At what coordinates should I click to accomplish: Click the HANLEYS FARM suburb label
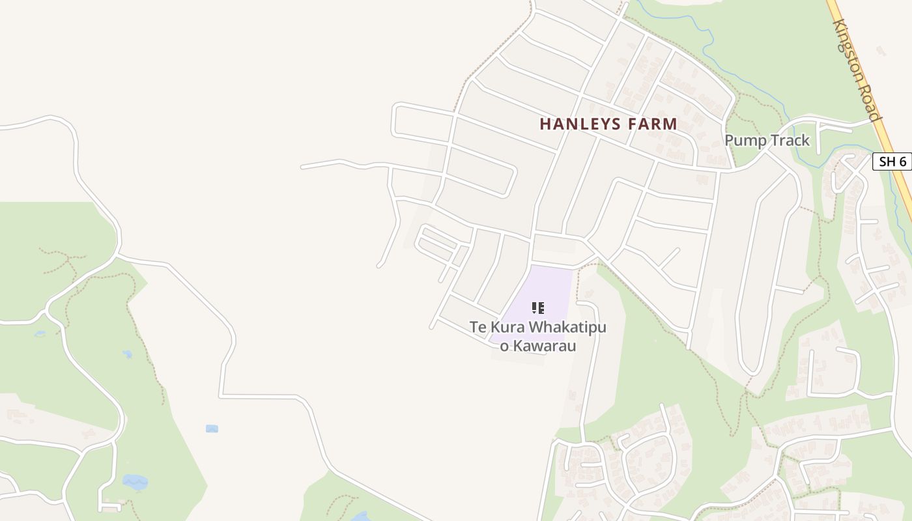click(x=608, y=124)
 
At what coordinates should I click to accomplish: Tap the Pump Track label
click(x=767, y=140)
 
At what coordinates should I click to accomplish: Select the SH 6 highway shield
click(x=891, y=162)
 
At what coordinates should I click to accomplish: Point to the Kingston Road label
click(x=858, y=69)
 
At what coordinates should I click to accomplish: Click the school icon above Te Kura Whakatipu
click(x=537, y=308)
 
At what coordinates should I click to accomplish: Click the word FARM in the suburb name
click(x=653, y=124)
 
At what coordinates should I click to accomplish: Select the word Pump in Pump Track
click(x=745, y=140)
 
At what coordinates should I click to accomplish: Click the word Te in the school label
click(x=478, y=327)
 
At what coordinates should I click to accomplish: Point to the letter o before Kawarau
click(x=504, y=346)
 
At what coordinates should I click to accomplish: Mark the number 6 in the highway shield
click(x=902, y=162)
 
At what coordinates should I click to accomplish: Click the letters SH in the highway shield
click(x=887, y=162)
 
